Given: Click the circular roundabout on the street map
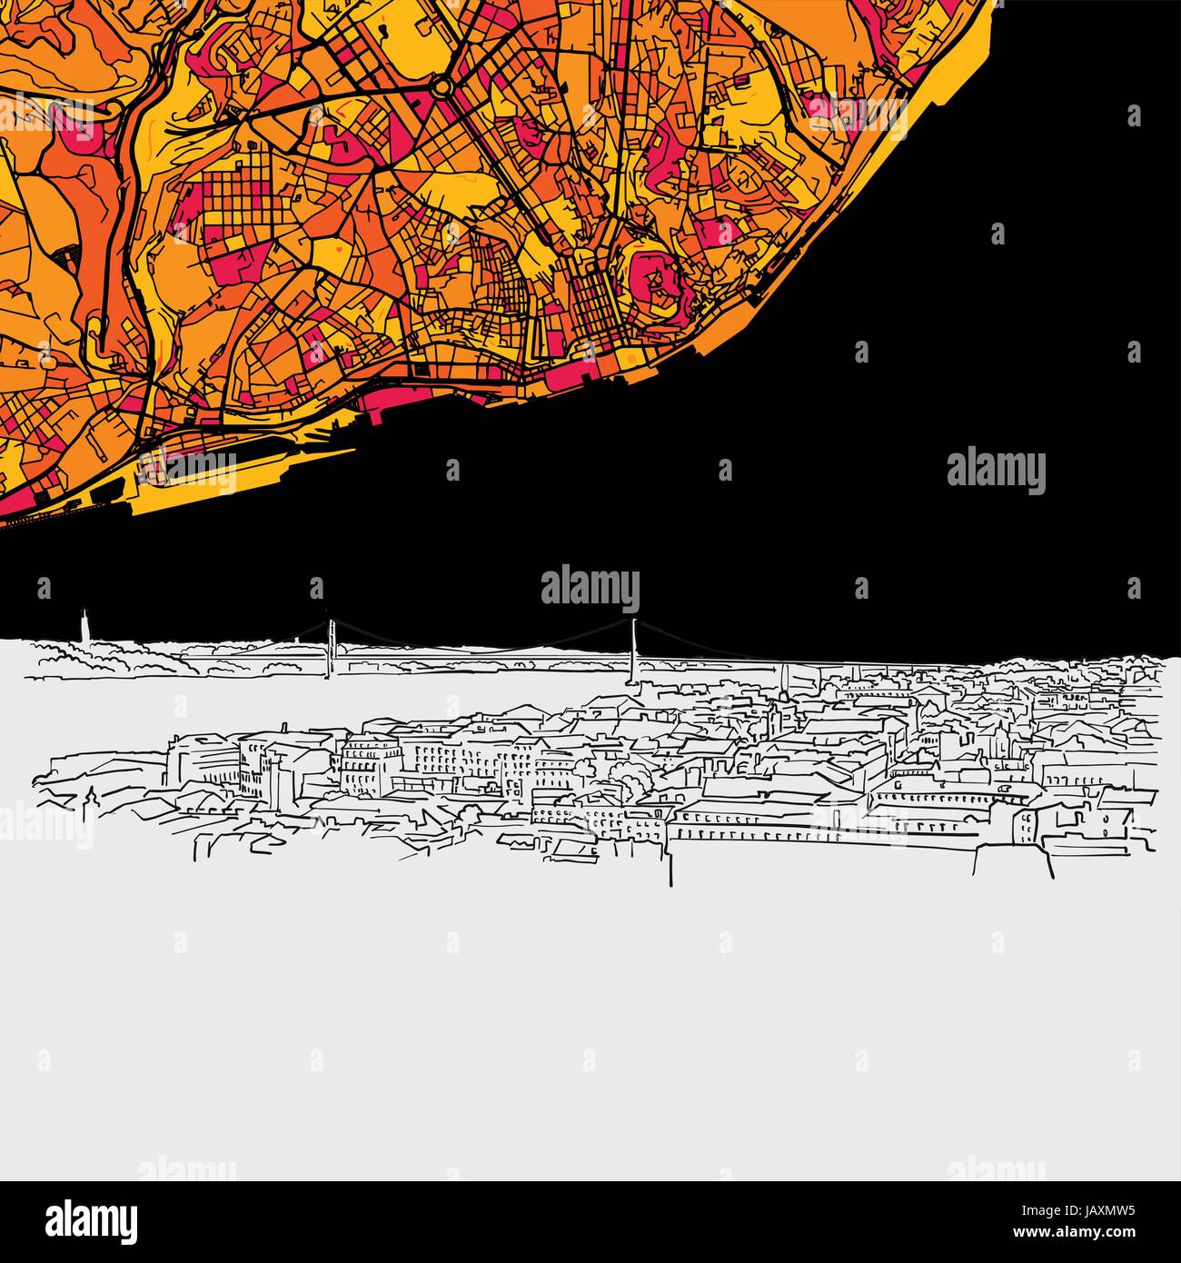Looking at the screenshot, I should (442, 87).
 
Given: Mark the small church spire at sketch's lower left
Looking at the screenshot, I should (90, 800).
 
